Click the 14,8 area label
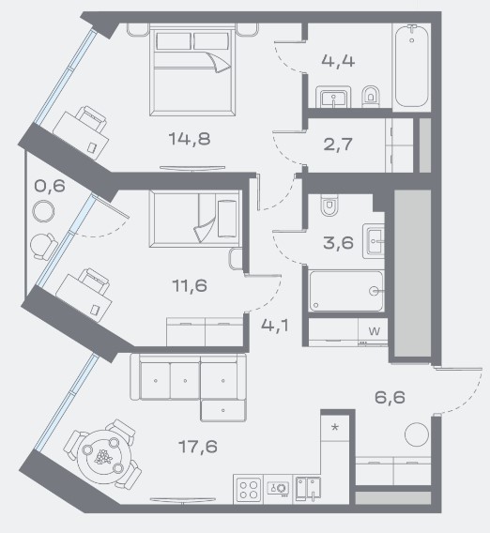[x=190, y=139]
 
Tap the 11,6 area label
[x=190, y=285]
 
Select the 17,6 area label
[x=197, y=447]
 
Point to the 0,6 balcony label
[x=50, y=186]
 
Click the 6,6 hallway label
[x=390, y=397]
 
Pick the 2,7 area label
[x=338, y=145]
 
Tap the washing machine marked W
[x=374, y=330]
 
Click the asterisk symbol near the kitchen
[x=335, y=427]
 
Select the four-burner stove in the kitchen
[x=249, y=490]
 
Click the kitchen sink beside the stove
[x=308, y=489]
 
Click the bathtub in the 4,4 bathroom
[x=412, y=66]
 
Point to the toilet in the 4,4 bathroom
[x=370, y=97]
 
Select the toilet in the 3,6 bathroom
[x=329, y=205]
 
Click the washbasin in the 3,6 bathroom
[x=374, y=241]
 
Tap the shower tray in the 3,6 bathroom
[x=346, y=291]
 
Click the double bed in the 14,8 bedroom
[x=192, y=72]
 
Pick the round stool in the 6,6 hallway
[x=417, y=434]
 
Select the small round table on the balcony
[x=43, y=211]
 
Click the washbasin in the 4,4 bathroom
[x=333, y=97]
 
